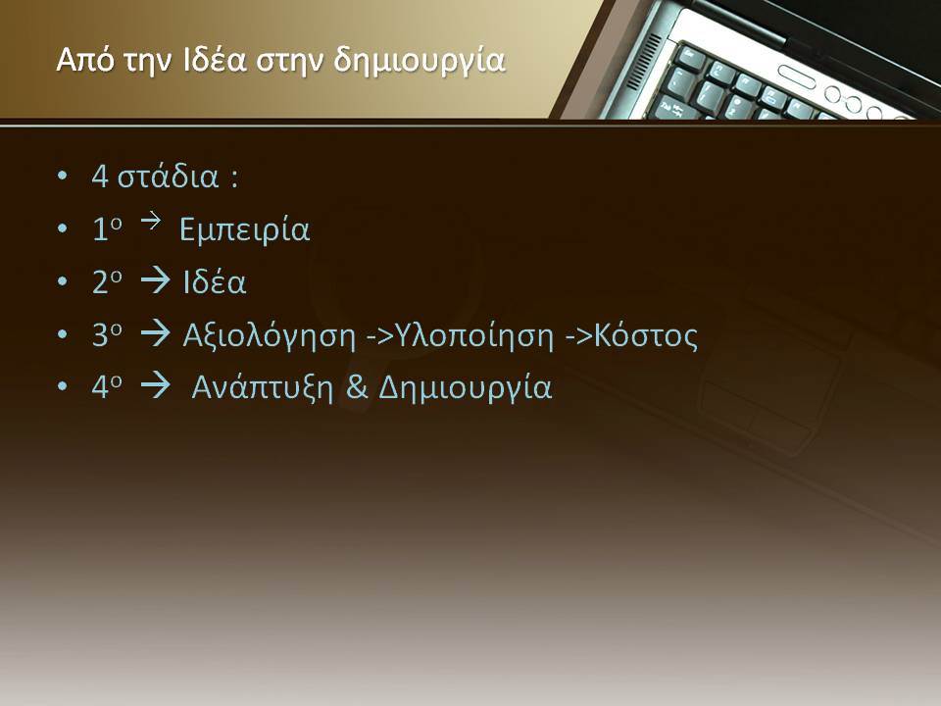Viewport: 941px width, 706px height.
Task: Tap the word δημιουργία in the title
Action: tap(419, 63)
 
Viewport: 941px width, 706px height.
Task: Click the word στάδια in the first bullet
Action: tap(168, 176)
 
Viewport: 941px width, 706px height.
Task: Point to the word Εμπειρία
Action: tap(245, 229)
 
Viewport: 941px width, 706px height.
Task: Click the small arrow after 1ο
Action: tap(151, 221)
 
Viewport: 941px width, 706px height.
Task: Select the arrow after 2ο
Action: tap(156, 280)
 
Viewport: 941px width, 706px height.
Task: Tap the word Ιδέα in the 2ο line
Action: tap(215, 281)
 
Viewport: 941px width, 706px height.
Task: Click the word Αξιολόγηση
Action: tap(269, 336)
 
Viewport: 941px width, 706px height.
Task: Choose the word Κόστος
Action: tap(646, 335)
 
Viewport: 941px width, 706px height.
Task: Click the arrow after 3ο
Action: tap(156, 333)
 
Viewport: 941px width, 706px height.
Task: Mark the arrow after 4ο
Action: tap(156, 385)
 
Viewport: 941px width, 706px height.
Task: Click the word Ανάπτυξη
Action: tap(263, 388)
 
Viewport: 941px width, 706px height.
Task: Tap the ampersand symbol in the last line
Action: tap(357, 387)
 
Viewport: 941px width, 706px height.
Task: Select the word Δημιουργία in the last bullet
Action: tap(465, 388)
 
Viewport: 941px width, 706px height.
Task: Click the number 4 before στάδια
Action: tap(100, 176)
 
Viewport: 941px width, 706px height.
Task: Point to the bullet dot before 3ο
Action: tap(63, 334)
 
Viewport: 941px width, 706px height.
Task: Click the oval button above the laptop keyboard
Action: tap(796, 76)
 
